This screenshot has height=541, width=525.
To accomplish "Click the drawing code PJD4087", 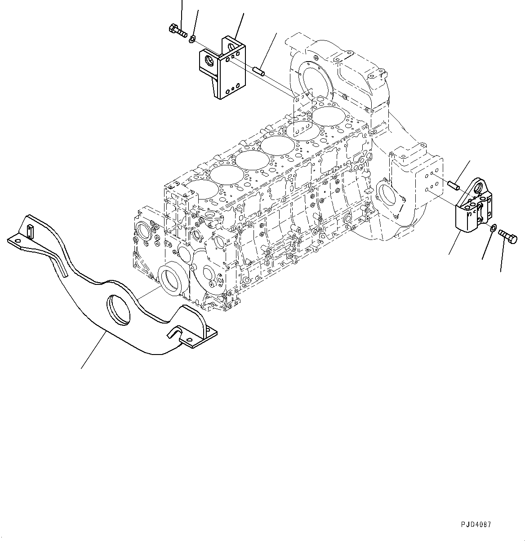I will (x=476, y=524).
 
